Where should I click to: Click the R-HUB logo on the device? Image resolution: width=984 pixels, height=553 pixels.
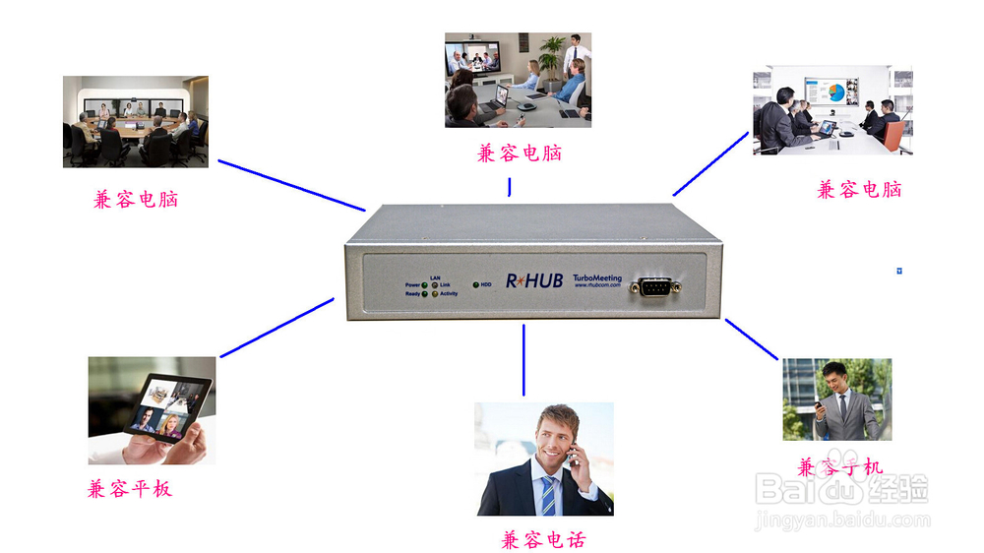(x=534, y=281)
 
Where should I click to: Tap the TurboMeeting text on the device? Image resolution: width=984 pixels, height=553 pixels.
(x=598, y=278)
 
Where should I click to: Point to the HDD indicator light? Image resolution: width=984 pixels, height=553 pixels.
(x=476, y=285)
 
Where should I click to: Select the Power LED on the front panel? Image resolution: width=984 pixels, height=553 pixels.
(x=425, y=285)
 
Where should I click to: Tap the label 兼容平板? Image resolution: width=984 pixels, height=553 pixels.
(x=130, y=489)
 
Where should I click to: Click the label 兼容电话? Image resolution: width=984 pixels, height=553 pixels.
(x=544, y=540)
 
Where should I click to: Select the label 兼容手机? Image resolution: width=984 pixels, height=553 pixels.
(x=839, y=467)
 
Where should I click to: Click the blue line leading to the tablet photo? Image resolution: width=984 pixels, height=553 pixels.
(x=277, y=328)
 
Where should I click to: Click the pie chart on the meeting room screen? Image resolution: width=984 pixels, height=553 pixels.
(x=836, y=92)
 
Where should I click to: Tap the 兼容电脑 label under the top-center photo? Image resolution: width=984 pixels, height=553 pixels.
(x=520, y=154)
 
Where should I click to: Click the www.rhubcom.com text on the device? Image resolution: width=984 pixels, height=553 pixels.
(x=597, y=287)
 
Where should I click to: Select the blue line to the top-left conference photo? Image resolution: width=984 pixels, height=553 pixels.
(x=290, y=185)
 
